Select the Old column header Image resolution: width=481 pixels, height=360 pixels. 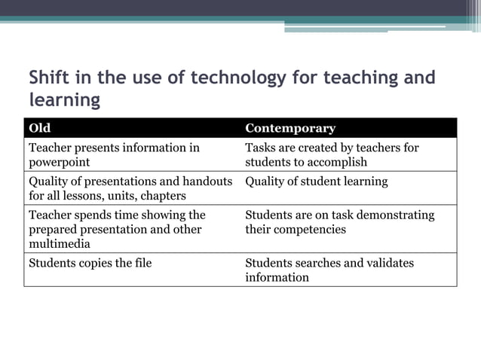coord(40,128)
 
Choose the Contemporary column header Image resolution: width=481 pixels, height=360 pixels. coord(290,128)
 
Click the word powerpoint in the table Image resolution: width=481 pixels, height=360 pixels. coord(59,162)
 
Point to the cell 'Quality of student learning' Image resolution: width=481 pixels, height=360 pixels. coord(317,182)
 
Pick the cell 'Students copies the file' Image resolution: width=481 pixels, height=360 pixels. coord(90,263)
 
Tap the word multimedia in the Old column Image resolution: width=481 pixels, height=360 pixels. coord(58,244)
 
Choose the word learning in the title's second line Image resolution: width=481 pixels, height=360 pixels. coord(65,99)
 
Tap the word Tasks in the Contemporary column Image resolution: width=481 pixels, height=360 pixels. coord(261,148)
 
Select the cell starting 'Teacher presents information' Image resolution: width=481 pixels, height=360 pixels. coord(113,155)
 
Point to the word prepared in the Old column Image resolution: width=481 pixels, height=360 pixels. coord(53,230)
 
